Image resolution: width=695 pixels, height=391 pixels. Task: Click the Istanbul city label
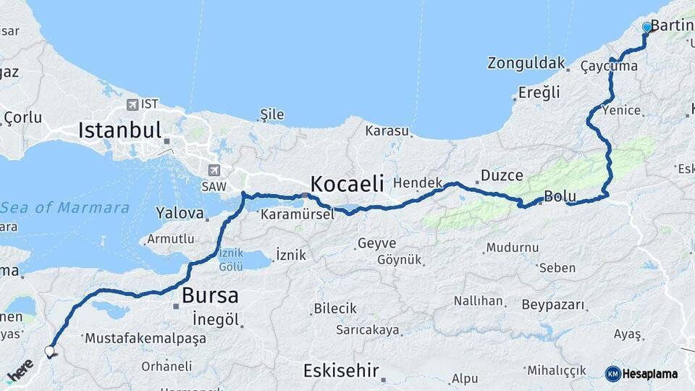119,130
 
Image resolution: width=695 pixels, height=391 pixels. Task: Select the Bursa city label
209,295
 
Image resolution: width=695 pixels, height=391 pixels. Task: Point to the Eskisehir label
340,371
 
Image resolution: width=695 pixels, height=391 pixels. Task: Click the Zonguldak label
526,63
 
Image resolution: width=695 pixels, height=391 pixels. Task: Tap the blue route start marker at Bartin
646,27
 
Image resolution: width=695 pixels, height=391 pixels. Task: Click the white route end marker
49,352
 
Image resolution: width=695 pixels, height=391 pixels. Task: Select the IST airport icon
132,105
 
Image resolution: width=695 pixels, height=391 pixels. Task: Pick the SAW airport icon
213,171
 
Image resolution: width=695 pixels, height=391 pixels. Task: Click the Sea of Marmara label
65,208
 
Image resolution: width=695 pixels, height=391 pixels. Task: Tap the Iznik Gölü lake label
231,259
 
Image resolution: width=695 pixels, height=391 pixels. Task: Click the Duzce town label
501,175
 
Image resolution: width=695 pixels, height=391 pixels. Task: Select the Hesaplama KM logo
641,374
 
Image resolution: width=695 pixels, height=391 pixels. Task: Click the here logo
20,372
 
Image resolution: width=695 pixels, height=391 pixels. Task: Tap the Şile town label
271,114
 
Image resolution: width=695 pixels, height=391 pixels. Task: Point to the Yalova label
180,213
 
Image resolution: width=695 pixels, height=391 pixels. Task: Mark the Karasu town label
387,131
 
